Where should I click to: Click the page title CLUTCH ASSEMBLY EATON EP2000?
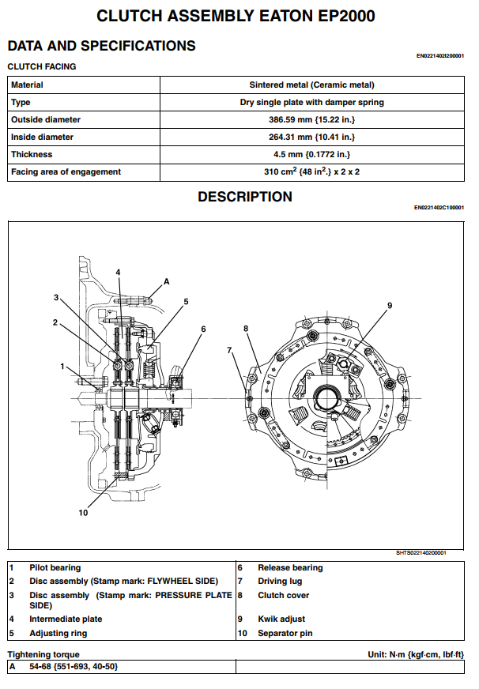pyautogui.click(x=235, y=16)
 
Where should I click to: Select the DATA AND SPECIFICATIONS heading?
pyautogui.click(x=101, y=46)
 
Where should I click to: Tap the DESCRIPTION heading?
pyautogui.click(x=244, y=197)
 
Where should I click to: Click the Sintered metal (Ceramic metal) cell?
pyautogui.click(x=311, y=85)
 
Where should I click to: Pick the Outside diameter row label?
pyautogui.click(x=46, y=119)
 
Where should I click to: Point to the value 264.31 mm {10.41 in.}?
pyautogui.click(x=311, y=137)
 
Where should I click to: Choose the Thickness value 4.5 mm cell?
pyautogui.click(x=311, y=154)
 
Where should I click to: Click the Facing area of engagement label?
pyautogui.click(x=66, y=171)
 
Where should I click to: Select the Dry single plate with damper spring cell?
pyautogui.click(x=311, y=102)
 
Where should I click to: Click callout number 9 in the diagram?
pyautogui.click(x=390, y=305)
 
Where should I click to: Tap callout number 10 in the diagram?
pyautogui.click(x=83, y=512)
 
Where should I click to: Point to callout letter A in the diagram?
pyautogui.click(x=167, y=280)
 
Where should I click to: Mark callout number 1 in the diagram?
pyautogui.click(x=62, y=366)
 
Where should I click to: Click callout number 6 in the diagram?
pyautogui.click(x=203, y=329)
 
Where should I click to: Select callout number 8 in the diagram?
pyautogui.click(x=246, y=328)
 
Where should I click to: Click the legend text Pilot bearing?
pyautogui.click(x=55, y=567)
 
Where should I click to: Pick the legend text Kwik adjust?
pyautogui.click(x=281, y=619)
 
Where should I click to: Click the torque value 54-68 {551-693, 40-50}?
pyautogui.click(x=74, y=667)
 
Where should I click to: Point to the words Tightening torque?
pyautogui.click(x=43, y=654)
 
